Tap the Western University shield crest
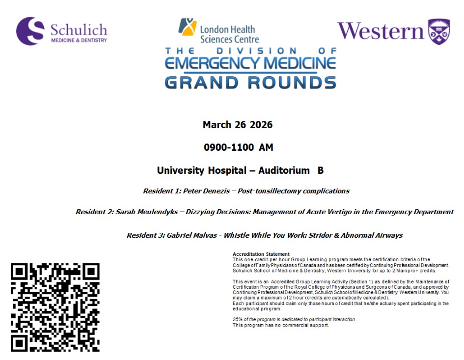(438, 31)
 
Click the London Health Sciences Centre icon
(187, 27)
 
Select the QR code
(55, 307)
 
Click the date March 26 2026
(237, 125)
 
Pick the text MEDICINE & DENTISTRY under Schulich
(79, 40)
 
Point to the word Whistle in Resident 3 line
(239, 235)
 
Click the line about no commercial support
(280, 325)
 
